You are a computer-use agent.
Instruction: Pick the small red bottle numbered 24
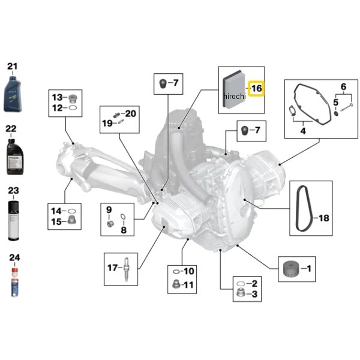coord(13,281)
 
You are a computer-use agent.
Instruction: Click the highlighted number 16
coord(256,89)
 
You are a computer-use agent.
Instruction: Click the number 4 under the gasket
coord(302,130)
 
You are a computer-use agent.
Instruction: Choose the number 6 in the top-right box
coord(343,86)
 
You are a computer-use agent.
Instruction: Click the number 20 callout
coord(131,113)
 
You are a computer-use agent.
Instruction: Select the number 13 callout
coord(57,97)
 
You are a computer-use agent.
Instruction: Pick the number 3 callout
coord(254,294)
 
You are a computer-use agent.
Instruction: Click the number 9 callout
coord(109,210)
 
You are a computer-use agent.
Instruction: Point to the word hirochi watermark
coord(235,97)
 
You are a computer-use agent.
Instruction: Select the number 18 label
coord(323,218)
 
